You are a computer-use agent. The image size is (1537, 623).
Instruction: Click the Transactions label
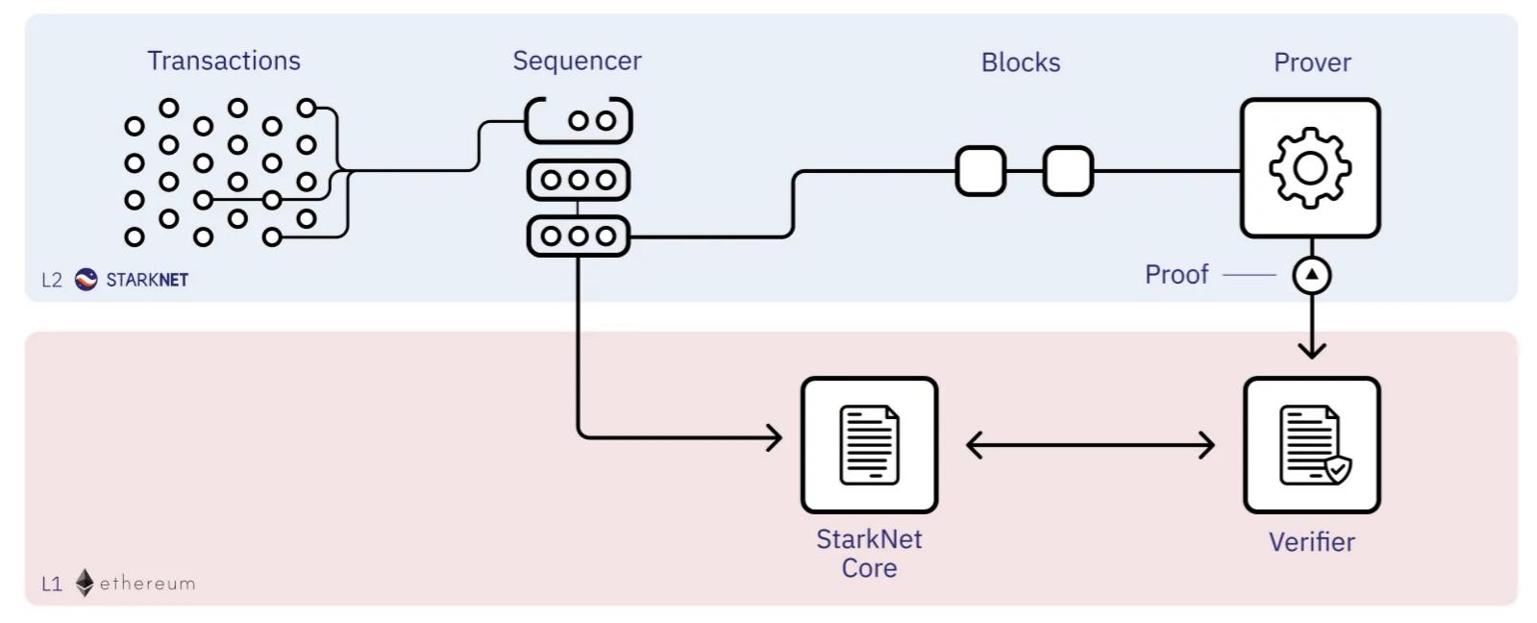[223, 61]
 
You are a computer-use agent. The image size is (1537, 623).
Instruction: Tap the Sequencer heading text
[577, 61]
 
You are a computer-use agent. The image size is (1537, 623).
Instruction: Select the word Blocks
[1020, 62]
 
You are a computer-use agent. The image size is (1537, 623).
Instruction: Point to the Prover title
[1311, 62]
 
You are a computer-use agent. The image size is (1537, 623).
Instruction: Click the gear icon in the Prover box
[1310, 168]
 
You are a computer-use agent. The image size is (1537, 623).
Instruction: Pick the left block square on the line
[980, 171]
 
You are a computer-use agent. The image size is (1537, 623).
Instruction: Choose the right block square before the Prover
[1068, 171]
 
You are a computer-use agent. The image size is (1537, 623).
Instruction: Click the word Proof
[1176, 275]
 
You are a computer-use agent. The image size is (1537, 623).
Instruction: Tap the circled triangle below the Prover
[1311, 276]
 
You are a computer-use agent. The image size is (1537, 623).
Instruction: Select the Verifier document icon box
[1311, 445]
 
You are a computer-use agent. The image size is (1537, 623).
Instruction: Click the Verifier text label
[1311, 542]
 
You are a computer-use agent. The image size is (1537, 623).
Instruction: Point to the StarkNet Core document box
[869, 445]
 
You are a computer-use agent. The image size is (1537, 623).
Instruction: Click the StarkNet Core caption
[869, 553]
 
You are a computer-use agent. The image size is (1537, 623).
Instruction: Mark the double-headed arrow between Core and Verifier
[1090, 445]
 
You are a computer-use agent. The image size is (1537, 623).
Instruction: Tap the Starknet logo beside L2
[87, 280]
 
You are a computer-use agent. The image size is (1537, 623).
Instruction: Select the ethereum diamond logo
[85, 583]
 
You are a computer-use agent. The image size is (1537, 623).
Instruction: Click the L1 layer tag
[51, 584]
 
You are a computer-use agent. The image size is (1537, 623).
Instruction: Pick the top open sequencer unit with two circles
[579, 121]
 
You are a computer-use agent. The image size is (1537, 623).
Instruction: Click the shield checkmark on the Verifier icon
[1337, 469]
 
